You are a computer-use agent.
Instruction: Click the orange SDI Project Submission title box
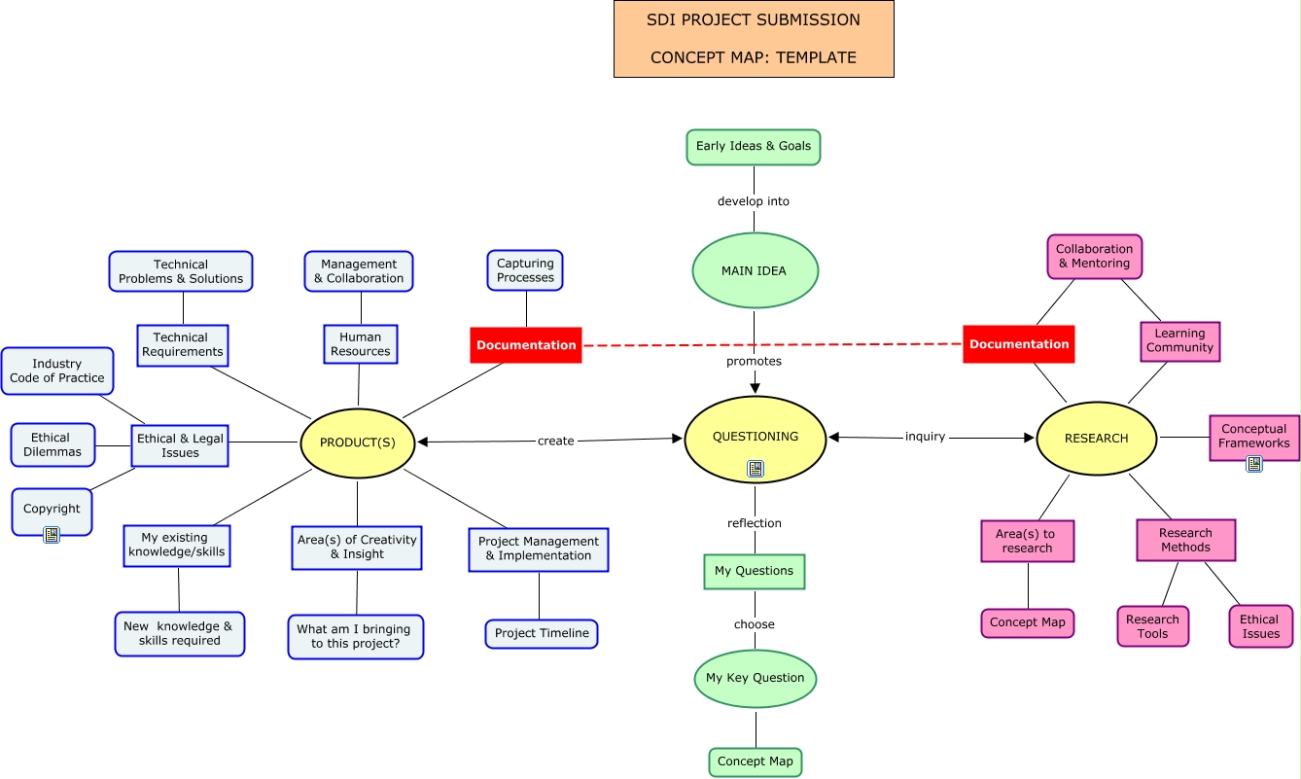coord(754,39)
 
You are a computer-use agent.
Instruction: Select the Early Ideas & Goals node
coord(754,147)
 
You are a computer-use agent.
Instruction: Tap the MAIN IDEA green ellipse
coord(755,271)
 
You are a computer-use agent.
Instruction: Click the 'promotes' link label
coord(754,361)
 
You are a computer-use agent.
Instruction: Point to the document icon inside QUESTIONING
coord(756,469)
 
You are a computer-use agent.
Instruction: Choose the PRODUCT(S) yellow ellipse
coord(358,443)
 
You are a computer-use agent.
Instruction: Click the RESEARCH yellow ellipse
coord(1097,439)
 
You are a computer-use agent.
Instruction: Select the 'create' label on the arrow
coord(555,441)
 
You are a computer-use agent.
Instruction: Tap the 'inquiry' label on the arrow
coord(925,437)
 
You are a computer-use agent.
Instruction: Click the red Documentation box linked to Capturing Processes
coord(526,345)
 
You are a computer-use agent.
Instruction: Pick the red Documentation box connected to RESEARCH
coord(1019,344)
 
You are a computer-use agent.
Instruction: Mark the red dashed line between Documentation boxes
coord(772,344)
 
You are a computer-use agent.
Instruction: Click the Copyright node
coord(52,509)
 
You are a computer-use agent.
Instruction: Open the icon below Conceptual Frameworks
coord(1254,464)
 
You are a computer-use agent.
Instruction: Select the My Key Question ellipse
coord(756,678)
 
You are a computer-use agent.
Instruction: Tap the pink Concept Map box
coord(1028,622)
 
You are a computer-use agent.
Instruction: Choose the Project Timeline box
coord(542,633)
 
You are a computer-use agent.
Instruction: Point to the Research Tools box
coord(1152,626)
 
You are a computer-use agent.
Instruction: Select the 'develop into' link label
coord(754,201)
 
